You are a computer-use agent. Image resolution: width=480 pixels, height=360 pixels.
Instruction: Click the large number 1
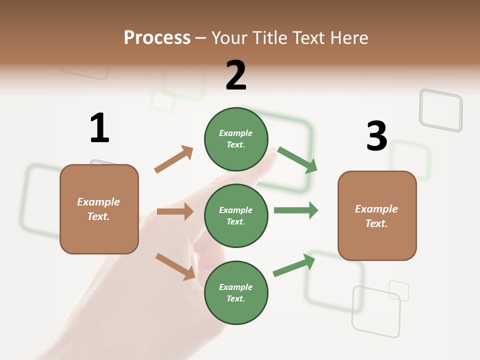[99, 128]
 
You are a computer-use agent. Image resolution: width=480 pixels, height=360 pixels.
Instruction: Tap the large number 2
[236, 75]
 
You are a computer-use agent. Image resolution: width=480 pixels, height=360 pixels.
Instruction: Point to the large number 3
[377, 136]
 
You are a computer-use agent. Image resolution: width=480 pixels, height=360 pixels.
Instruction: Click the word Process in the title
[157, 37]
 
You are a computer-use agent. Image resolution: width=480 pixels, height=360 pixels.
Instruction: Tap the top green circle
[236, 139]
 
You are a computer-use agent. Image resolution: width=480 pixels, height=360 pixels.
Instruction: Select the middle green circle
[236, 215]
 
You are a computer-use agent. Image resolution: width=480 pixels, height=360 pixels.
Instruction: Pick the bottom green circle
[236, 292]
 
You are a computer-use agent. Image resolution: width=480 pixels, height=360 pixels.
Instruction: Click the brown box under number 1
[99, 209]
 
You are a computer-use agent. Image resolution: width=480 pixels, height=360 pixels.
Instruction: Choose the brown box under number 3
[377, 215]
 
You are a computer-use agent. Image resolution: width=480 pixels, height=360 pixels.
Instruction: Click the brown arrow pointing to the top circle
[174, 159]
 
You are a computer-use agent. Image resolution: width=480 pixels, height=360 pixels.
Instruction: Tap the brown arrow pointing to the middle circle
[175, 211]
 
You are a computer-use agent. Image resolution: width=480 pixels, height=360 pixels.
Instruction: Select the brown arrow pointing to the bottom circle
[175, 266]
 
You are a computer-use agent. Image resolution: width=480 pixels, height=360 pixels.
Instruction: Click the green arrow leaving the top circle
[297, 160]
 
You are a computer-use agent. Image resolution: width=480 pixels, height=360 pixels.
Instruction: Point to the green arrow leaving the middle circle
[296, 210]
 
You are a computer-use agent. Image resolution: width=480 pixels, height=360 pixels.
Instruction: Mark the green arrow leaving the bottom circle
[294, 265]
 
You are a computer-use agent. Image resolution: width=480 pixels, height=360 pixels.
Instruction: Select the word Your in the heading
[228, 37]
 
